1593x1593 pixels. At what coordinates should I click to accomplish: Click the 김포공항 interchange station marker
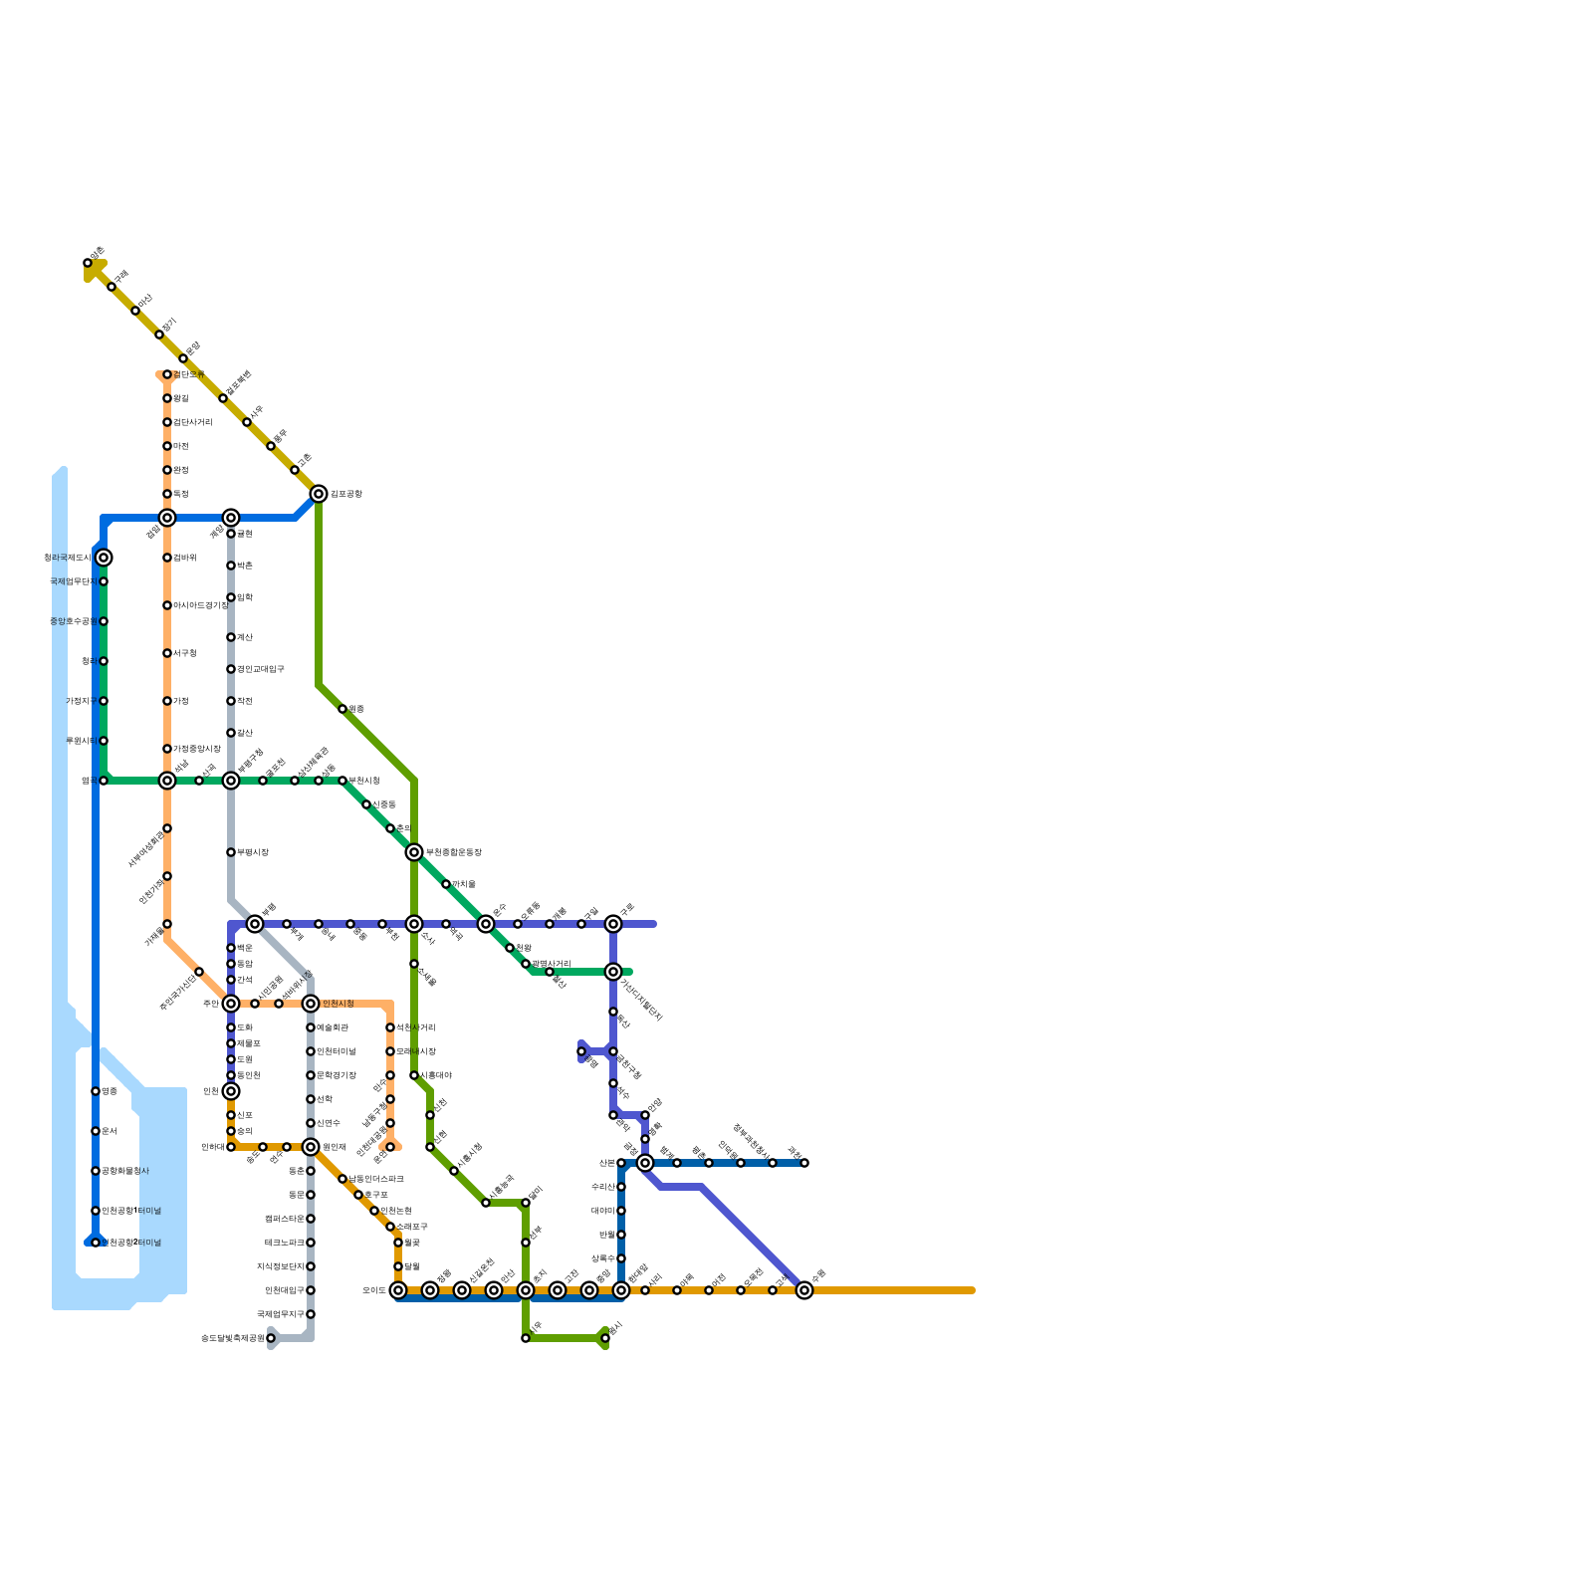tap(319, 494)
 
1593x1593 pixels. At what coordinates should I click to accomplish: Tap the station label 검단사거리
tap(193, 422)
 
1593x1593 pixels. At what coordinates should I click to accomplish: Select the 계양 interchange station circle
tap(231, 518)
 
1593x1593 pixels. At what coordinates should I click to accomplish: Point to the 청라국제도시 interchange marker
tap(104, 558)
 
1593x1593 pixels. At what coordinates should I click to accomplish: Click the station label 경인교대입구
tap(261, 669)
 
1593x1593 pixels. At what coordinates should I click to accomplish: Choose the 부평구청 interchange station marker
tap(231, 781)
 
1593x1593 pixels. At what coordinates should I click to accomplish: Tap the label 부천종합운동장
tap(453, 852)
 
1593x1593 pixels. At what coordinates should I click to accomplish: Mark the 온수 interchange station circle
tap(486, 924)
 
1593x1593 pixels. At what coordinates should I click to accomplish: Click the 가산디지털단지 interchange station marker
tap(613, 972)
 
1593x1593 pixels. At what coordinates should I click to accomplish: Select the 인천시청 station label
tap(339, 1004)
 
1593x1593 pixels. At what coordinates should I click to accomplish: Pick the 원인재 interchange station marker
tap(311, 1147)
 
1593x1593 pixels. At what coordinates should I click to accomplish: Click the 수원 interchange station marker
tap(804, 1290)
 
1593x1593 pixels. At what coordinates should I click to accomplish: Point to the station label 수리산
tap(601, 1187)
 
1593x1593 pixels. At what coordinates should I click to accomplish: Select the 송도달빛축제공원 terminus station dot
tap(271, 1338)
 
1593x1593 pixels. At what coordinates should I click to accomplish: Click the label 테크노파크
tap(285, 1243)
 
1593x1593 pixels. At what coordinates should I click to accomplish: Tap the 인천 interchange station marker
tap(231, 1091)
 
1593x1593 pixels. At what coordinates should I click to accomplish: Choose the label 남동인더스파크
tap(376, 1179)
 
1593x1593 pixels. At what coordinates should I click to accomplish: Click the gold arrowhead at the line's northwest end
tap(93, 268)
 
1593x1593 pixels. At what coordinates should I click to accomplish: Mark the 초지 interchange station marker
tap(526, 1290)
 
